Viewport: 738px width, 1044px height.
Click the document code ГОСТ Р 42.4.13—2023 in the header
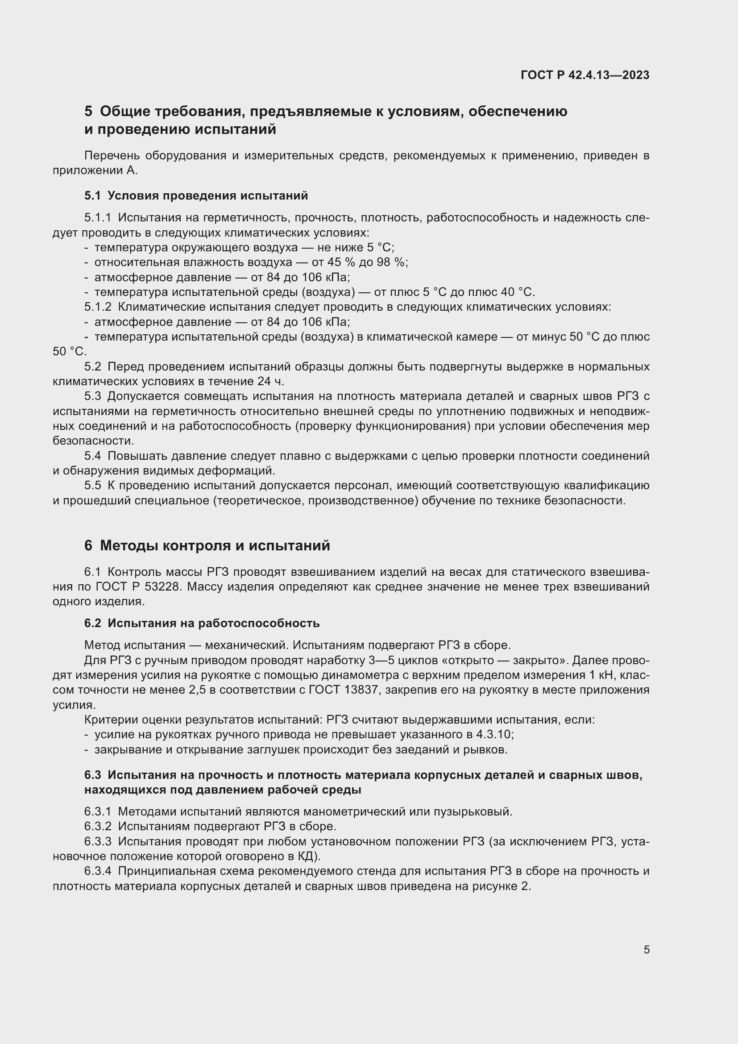click(x=585, y=75)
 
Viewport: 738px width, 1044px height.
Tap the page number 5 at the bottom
click(x=646, y=949)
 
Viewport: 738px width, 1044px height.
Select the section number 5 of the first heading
click(x=88, y=112)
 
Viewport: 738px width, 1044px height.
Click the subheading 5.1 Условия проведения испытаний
click(x=196, y=195)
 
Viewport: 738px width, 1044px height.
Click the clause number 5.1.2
click(x=98, y=307)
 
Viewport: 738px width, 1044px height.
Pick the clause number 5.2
click(x=92, y=366)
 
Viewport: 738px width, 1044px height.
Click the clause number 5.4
click(x=92, y=456)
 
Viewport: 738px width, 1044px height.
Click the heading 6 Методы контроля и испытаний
click(x=207, y=545)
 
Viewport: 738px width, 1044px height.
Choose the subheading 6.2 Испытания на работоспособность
click(x=202, y=623)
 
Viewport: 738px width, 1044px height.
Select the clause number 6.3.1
click(x=98, y=811)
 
